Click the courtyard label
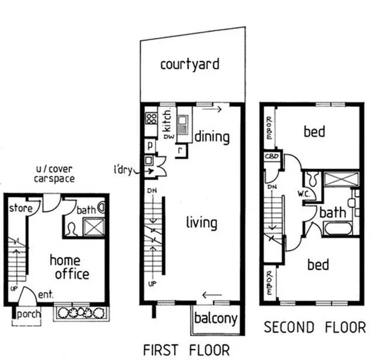[189, 64]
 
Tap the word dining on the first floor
[212, 137]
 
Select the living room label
[201, 223]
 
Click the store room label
[20, 208]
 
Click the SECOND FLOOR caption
[315, 327]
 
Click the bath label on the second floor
[332, 212]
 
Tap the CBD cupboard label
[270, 157]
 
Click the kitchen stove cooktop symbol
[151, 119]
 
